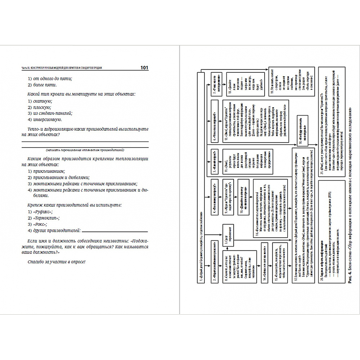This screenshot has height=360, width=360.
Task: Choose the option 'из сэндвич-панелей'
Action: tap(50, 113)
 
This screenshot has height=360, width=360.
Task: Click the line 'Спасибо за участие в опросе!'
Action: tap(57, 261)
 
